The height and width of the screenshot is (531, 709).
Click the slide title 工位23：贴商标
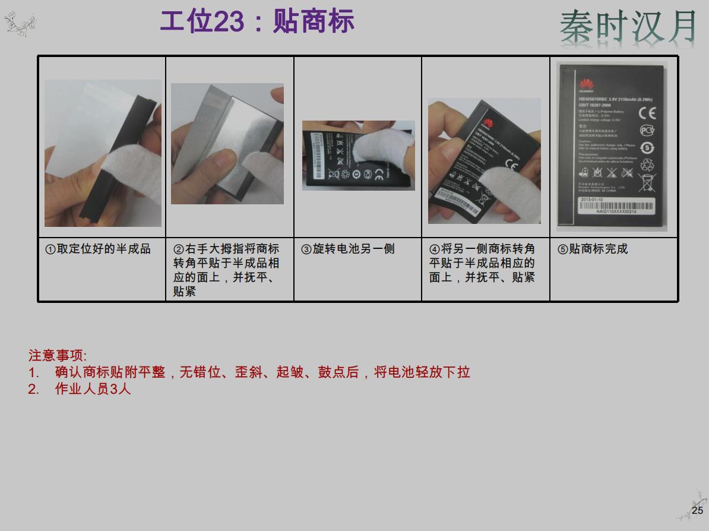coord(257,22)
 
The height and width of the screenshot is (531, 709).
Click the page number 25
coord(697,510)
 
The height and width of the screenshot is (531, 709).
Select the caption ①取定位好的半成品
coord(99,249)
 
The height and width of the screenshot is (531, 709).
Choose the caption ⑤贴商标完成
coord(593,249)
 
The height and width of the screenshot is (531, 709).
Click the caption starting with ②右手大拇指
coord(226,270)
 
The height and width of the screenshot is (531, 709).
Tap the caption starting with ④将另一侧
coord(482,263)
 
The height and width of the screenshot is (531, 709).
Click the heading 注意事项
coord(58,356)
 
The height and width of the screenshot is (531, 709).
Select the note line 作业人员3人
coord(93,390)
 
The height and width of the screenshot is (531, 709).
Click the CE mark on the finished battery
coord(647,113)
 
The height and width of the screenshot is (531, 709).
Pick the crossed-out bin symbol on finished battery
coord(647,182)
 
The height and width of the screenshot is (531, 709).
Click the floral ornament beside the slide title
coord(20,24)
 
